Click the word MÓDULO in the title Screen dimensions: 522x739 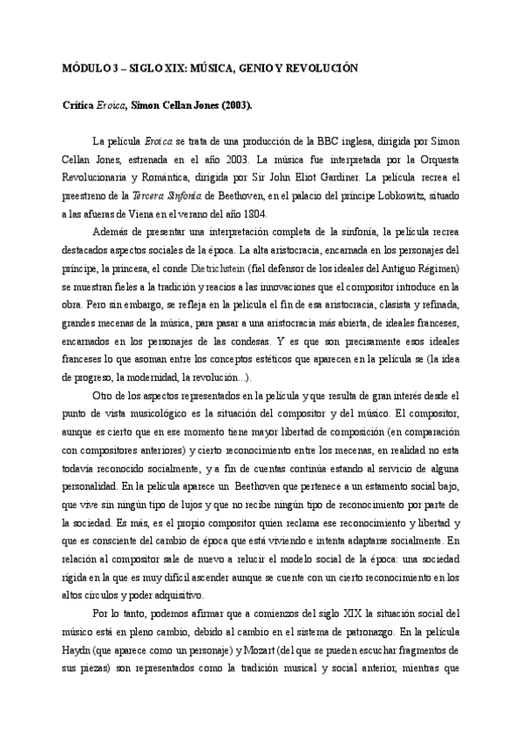[x=85, y=67]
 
